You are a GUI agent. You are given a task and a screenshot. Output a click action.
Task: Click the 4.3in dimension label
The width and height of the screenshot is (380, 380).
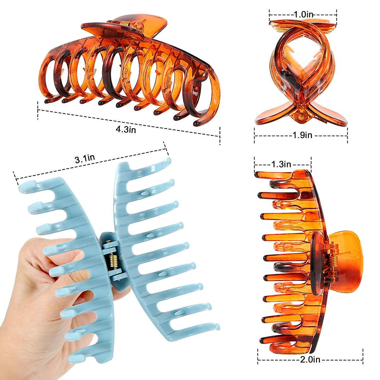point(126,129)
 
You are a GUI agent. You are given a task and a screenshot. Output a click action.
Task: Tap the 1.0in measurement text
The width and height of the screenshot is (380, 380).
point(303,14)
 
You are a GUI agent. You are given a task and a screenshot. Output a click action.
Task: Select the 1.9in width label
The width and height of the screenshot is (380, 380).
point(302,135)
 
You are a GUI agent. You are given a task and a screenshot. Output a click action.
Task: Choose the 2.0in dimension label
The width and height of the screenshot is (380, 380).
point(310,359)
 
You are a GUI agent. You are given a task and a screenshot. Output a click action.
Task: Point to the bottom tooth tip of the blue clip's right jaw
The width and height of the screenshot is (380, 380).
point(216,326)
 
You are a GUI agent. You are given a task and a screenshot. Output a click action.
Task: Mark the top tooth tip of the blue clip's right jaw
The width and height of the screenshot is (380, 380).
point(168,161)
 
